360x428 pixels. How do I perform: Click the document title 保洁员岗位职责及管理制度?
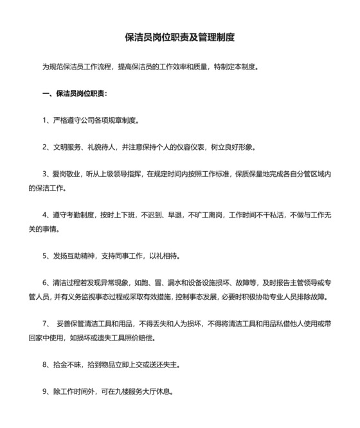(179, 37)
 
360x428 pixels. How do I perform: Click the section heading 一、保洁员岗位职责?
(75, 93)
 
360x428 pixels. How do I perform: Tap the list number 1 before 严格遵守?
(45, 120)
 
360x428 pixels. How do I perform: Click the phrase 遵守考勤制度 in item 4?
(73, 214)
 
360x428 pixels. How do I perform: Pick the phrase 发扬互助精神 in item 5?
(73, 255)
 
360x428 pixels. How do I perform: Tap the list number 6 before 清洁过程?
(45, 282)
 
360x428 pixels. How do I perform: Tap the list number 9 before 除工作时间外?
(45, 391)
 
